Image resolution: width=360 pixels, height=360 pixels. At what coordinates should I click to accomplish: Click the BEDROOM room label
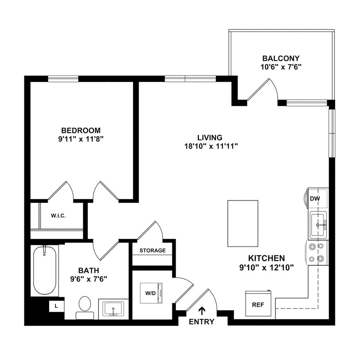tap(81, 130)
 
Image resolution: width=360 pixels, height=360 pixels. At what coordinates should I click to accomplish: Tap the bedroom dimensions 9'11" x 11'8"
tap(81, 139)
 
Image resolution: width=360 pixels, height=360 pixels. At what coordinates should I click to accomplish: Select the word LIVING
tap(209, 138)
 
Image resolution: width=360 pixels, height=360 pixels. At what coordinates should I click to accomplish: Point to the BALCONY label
tap(281, 58)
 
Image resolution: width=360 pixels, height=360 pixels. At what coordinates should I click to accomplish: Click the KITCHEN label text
tap(267, 258)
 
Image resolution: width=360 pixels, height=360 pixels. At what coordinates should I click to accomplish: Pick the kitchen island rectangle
tap(243, 224)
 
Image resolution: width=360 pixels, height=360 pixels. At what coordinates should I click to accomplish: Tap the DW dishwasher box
tap(315, 198)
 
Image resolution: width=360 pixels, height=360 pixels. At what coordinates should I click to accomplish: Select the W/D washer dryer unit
tap(151, 293)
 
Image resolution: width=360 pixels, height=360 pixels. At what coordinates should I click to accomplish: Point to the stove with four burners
tap(316, 252)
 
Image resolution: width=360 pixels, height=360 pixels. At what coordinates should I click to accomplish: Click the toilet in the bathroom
tap(85, 308)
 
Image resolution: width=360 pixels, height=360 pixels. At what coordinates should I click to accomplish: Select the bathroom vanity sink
tap(113, 308)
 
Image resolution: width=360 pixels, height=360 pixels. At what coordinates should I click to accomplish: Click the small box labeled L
tap(56, 306)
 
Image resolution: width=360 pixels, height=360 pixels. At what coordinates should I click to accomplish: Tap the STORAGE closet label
tap(152, 250)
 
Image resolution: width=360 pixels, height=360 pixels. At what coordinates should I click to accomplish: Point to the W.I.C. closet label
tap(58, 215)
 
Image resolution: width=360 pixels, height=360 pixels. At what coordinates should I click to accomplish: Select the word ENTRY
tap(201, 322)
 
